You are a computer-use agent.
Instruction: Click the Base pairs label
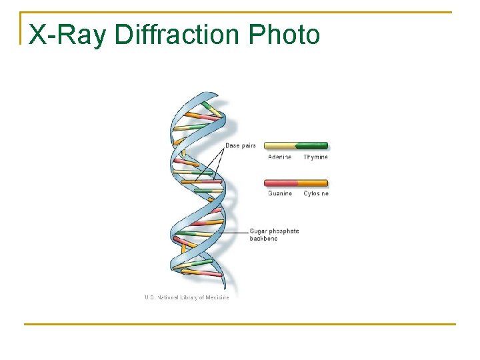click(241, 145)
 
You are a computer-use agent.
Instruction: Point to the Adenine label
click(279, 157)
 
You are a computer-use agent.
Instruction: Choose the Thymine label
click(315, 157)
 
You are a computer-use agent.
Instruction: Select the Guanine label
click(280, 193)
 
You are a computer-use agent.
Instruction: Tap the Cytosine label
click(316, 193)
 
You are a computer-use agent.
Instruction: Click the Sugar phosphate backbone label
click(274, 235)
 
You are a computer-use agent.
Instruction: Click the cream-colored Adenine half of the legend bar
click(280, 145)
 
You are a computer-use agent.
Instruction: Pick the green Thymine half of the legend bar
click(312, 145)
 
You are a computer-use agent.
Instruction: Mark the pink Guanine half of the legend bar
click(280, 183)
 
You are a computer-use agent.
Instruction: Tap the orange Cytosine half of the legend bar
click(312, 183)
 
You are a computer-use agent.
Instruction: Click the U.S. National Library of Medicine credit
click(187, 297)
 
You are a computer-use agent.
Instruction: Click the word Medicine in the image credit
click(217, 297)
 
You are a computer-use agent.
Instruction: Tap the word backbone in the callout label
click(263, 239)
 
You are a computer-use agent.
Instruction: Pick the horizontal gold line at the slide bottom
click(240, 325)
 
